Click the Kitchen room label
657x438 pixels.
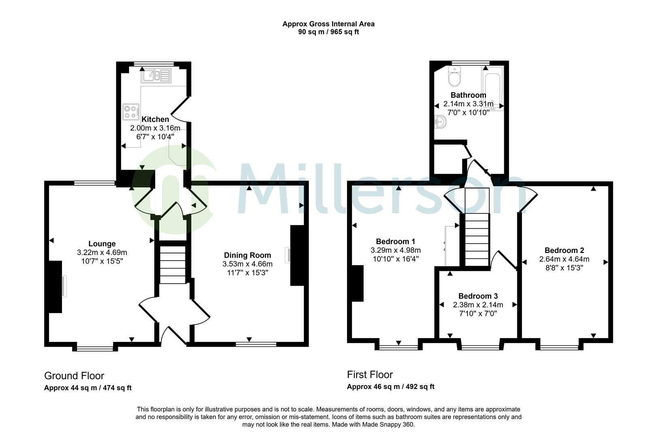155,119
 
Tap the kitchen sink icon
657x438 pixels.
156,75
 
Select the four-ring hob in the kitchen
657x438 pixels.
131,112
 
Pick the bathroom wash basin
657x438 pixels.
440,121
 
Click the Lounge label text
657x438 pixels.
102,244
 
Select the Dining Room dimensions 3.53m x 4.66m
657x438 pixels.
247,264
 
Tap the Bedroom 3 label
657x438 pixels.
478,296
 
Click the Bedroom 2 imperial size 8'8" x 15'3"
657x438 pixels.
564,268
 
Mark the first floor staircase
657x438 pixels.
477,239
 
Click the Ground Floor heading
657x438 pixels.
74,376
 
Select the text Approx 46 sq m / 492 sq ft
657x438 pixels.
390,386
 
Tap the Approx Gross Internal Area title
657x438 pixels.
328,24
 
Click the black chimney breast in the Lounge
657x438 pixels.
55,287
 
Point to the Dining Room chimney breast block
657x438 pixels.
297,255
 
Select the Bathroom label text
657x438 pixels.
468,95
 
